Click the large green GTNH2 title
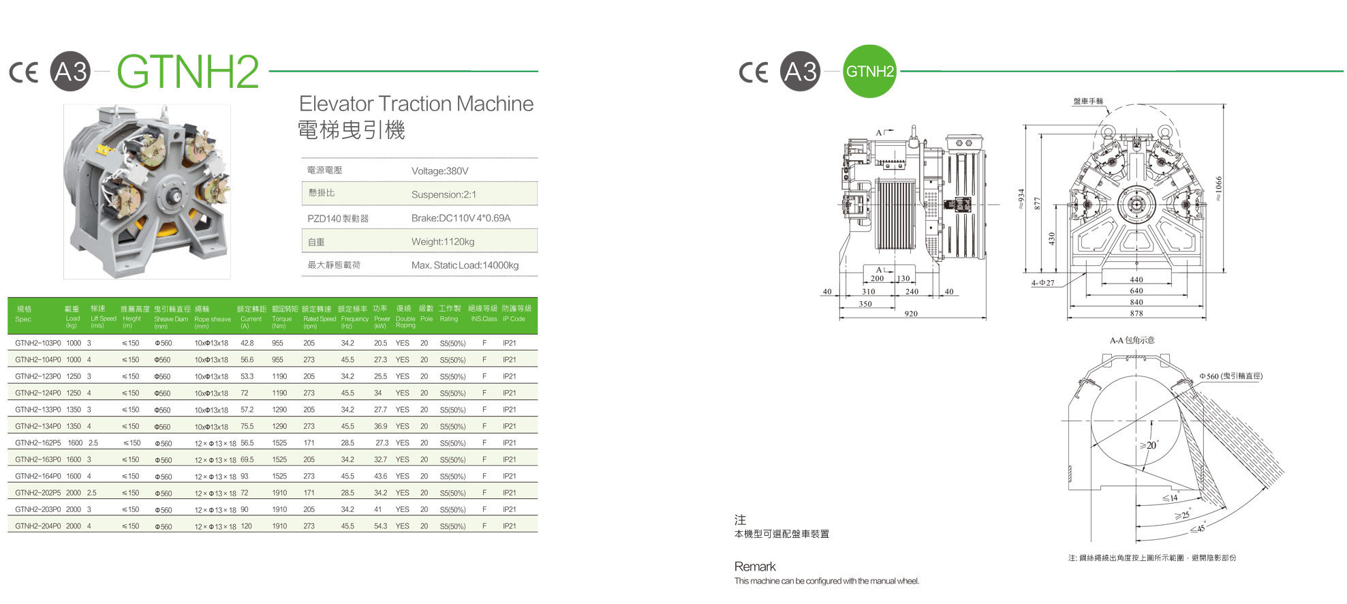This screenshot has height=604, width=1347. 187,72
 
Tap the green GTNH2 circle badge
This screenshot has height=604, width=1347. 869,72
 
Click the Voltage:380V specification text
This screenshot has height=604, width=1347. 439,171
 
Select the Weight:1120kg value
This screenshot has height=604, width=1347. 442,242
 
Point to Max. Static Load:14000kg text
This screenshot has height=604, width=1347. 465,265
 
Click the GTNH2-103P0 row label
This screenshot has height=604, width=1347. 37,344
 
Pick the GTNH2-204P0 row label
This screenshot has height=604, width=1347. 37,526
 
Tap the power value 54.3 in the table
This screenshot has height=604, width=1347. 380,526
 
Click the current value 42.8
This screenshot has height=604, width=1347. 247,344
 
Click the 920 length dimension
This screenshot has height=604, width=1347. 910,314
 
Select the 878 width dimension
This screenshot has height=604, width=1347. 1136,314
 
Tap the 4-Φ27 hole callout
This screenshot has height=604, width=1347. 1042,283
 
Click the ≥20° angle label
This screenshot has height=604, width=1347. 1149,445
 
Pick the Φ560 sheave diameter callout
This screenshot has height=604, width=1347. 1230,376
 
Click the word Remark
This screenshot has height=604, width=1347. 755,567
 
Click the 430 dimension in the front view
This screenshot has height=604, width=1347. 1051,239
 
